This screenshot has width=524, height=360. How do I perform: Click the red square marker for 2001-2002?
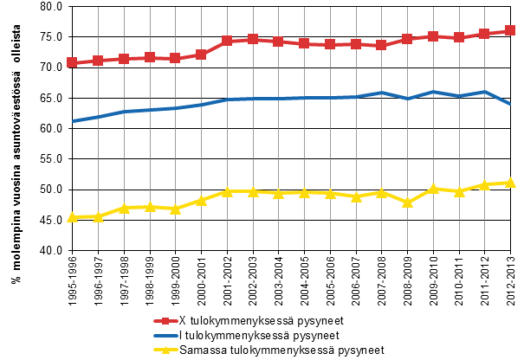227,41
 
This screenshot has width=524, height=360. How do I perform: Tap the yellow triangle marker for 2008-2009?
407,202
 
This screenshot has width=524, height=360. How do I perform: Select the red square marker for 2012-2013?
510,30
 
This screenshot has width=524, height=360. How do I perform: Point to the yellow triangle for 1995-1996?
73,217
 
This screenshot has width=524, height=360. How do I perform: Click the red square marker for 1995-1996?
73,62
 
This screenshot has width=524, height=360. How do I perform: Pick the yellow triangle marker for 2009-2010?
433,189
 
